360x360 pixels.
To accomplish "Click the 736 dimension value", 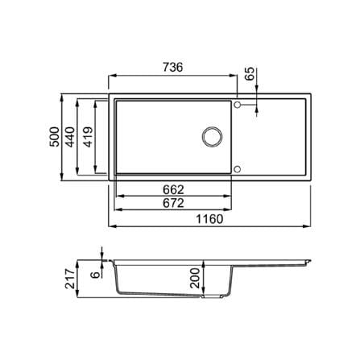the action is tap(173, 67).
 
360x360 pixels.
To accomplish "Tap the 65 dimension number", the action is tap(250, 73).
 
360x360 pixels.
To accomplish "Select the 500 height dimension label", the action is tap(55, 137).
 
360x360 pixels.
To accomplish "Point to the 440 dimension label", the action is tap(70, 137).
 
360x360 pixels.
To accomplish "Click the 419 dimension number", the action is tap(89, 137).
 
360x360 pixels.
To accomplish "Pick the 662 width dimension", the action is tap(173, 190).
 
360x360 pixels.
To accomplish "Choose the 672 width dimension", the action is tap(173, 203).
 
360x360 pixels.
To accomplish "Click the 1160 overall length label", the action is tap(209, 219).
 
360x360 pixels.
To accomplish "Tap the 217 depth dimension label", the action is tap(70, 279).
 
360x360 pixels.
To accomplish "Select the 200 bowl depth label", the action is tap(195, 278).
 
